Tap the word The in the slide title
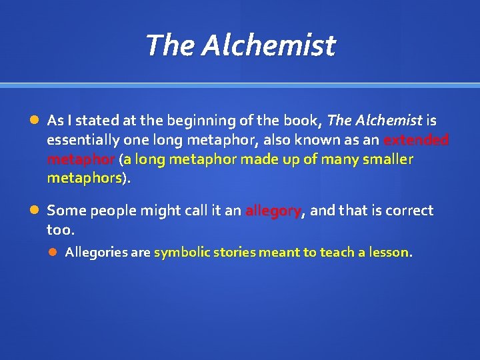pos(170,45)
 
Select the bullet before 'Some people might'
pos(34,211)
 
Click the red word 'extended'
pos(415,140)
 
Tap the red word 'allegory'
pos(273,211)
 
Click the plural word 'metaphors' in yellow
pos(85,179)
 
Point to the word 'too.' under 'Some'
pos(61,230)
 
